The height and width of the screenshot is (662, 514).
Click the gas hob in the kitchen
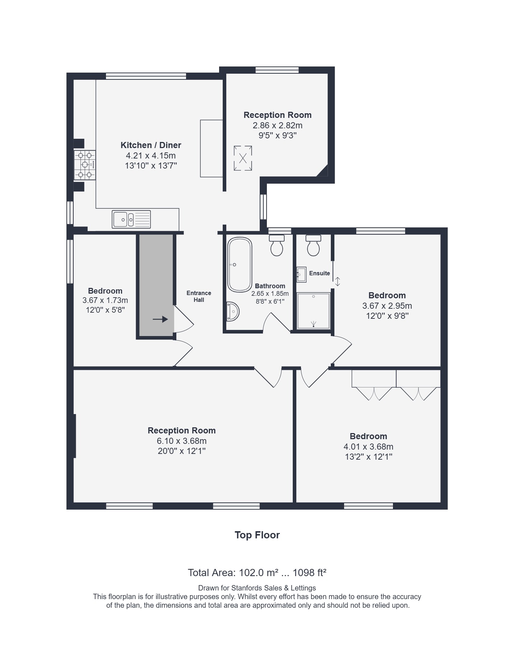click(85, 165)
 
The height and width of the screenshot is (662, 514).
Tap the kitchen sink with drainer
click(131, 219)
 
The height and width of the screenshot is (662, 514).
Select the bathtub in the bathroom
click(240, 265)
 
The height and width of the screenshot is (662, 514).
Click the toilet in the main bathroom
click(277, 245)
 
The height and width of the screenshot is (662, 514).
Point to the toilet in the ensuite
click(313, 245)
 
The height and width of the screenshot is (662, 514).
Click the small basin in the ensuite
click(301, 275)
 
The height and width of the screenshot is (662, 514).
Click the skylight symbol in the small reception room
click(243, 158)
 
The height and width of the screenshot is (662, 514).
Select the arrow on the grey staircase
click(160, 319)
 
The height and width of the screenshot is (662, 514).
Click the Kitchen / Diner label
click(151, 145)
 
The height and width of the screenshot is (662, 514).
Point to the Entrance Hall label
click(199, 296)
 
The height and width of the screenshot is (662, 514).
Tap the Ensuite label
click(319, 273)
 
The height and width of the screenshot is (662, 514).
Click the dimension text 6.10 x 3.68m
click(182, 441)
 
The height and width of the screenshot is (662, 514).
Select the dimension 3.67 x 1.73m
click(105, 300)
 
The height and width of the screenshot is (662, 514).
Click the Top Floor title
click(257, 535)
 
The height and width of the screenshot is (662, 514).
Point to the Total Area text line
click(257, 573)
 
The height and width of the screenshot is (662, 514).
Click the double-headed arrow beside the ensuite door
click(337, 281)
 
